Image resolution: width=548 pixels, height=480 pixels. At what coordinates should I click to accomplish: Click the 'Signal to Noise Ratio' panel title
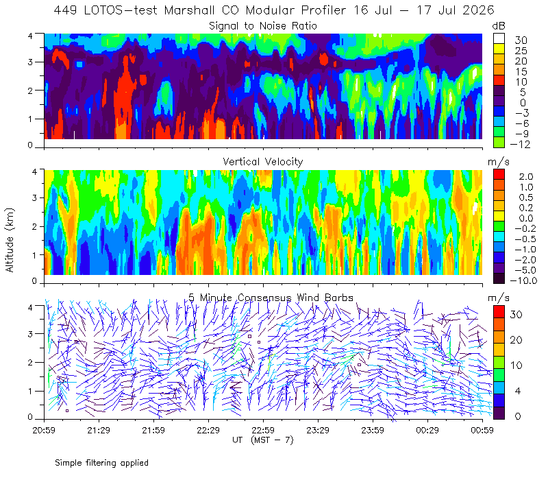click(x=263, y=26)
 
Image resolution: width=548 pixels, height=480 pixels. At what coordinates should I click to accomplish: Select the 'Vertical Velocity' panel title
click(x=263, y=162)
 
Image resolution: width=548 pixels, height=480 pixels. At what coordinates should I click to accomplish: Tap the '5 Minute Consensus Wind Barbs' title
click(x=271, y=298)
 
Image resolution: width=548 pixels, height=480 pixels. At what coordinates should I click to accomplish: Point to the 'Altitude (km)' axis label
click(x=10, y=240)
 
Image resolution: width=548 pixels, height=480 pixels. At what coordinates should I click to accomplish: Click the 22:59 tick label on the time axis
click(x=263, y=430)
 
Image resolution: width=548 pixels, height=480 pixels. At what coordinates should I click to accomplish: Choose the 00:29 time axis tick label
click(x=427, y=430)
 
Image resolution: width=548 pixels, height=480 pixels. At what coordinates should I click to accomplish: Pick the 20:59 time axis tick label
click(x=44, y=430)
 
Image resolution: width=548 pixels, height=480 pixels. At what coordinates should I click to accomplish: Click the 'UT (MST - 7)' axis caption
click(x=263, y=440)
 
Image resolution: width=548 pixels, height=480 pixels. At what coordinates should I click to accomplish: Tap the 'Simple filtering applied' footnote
click(x=101, y=463)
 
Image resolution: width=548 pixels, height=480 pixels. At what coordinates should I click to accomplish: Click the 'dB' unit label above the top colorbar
click(x=499, y=26)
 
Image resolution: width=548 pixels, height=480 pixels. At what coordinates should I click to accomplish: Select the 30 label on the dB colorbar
click(x=521, y=40)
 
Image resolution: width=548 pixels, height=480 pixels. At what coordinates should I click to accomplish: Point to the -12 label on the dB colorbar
click(x=520, y=144)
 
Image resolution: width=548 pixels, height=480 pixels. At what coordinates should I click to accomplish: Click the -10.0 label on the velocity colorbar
click(x=523, y=280)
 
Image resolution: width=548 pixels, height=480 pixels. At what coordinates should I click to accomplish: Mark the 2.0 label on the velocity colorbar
click(x=526, y=177)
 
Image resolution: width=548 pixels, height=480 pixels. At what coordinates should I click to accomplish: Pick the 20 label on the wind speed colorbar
click(x=516, y=339)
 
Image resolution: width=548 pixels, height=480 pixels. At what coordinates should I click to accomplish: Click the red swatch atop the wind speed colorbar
click(x=499, y=312)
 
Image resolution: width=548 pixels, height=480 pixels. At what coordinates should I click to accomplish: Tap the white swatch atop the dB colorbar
click(x=499, y=38)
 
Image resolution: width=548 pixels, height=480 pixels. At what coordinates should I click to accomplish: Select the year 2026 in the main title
click(x=478, y=10)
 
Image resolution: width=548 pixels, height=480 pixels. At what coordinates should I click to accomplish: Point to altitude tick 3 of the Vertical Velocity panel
click(x=34, y=197)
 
